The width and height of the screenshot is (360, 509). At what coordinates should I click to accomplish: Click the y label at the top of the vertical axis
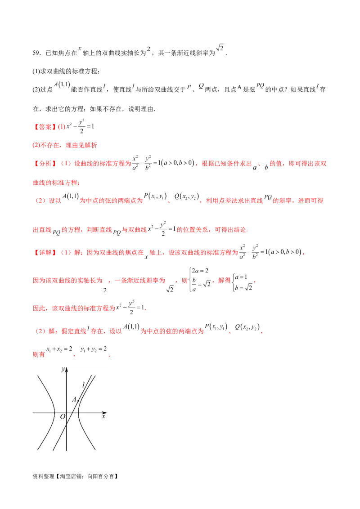[63, 370]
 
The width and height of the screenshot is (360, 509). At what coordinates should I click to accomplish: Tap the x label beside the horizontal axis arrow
[103, 417]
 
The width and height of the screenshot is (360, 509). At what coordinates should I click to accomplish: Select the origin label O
[63, 417]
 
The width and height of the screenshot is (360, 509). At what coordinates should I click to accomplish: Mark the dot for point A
[78, 401]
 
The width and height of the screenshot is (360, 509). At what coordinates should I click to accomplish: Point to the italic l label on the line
[84, 385]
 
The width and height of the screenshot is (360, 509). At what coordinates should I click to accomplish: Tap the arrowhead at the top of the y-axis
[67, 370]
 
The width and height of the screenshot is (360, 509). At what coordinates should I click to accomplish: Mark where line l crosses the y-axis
[67, 425]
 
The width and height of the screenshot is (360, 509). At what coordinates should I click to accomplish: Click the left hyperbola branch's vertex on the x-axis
[54, 412]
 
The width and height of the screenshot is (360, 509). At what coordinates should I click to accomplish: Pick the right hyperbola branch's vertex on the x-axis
[78, 412]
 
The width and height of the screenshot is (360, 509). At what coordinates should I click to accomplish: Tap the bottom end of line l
[54, 450]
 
